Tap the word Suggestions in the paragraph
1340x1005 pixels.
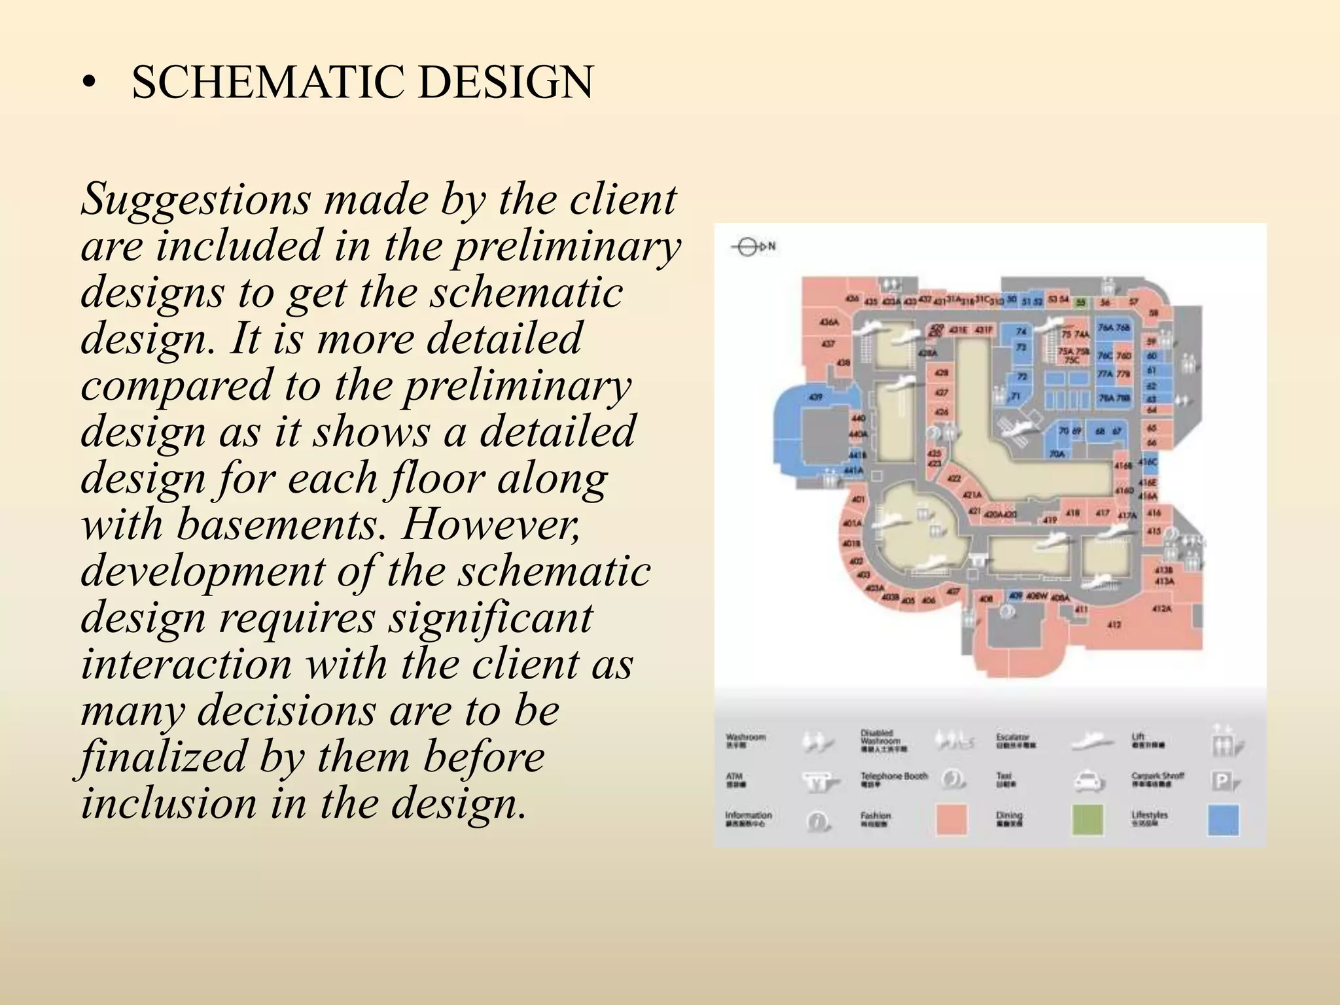tap(194, 199)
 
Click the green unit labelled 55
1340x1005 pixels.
tap(1080, 303)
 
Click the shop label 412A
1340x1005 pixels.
tap(1161, 608)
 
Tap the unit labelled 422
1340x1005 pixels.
tap(954, 478)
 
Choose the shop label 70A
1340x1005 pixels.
tap(1057, 453)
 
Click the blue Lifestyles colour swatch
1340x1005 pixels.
tap(1223, 820)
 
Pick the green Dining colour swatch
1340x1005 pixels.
tap(1087, 820)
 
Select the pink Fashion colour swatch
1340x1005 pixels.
tap(951, 820)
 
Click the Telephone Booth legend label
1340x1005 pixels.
tap(894, 777)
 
